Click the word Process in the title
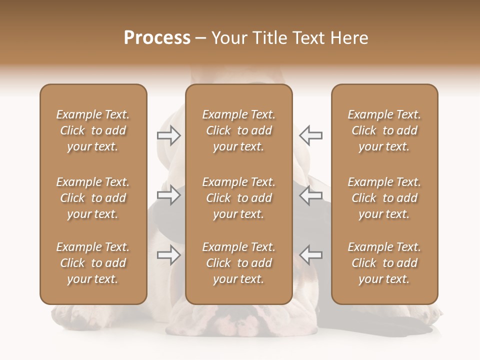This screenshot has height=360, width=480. [157, 38]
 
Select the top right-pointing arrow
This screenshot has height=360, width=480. [168, 135]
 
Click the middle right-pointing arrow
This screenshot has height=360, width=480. [168, 195]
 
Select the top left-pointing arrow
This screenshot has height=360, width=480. [311, 135]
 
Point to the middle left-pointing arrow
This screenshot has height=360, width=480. [311, 195]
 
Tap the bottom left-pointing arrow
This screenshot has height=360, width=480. [311, 255]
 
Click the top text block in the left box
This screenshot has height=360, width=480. [93, 130]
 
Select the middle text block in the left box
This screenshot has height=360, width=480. [93, 198]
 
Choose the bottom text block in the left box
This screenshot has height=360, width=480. [93, 263]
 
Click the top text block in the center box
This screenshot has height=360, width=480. [239, 130]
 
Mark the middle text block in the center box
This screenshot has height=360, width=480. [239, 198]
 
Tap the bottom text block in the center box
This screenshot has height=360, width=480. [239, 263]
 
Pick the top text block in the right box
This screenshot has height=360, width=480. [384, 130]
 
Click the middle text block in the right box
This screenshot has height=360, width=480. [384, 198]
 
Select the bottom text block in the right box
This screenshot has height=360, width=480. [384, 263]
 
